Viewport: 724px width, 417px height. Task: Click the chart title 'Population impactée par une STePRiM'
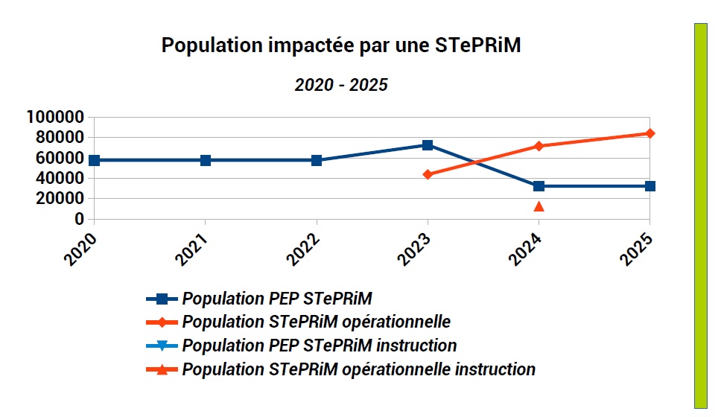coord(340,46)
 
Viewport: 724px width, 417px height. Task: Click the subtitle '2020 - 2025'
coord(341,85)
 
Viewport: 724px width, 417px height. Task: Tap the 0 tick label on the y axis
coord(77,219)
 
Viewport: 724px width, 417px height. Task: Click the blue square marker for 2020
coord(94,160)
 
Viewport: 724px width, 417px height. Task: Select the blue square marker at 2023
coord(428,145)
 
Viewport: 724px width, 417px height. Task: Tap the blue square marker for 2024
coord(539,186)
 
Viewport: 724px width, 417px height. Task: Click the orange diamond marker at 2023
coord(428,174)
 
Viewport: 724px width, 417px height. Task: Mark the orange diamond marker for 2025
coord(650,133)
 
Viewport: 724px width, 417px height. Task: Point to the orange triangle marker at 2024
coord(539,206)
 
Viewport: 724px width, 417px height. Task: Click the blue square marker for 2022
coord(317,160)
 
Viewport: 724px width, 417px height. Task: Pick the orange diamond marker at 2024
coord(539,146)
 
